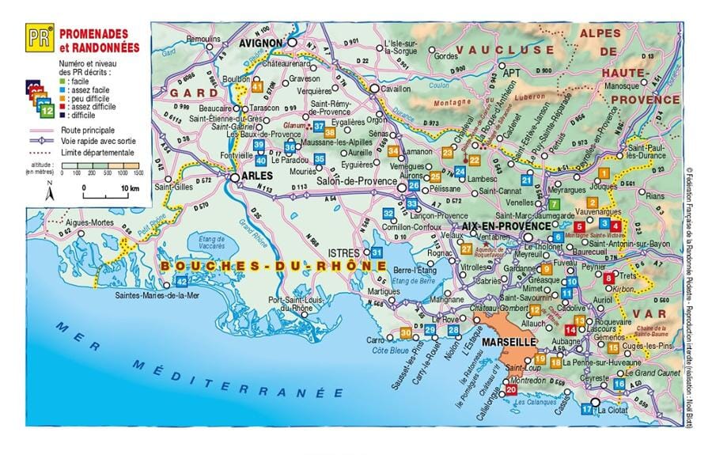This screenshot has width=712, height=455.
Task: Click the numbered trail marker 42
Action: click(x=181, y=281)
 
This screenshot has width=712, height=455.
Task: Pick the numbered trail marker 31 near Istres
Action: click(x=377, y=252)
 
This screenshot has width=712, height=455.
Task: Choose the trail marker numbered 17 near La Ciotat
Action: click(x=586, y=409)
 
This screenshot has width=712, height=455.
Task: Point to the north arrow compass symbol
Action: click(x=49, y=191)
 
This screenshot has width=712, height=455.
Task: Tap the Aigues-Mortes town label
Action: click(x=89, y=222)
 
